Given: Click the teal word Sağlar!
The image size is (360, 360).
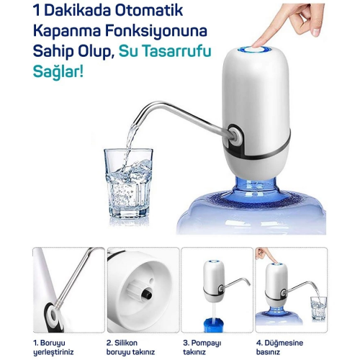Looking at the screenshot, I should (61, 76).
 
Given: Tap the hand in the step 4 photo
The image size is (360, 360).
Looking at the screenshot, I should (264, 255).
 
